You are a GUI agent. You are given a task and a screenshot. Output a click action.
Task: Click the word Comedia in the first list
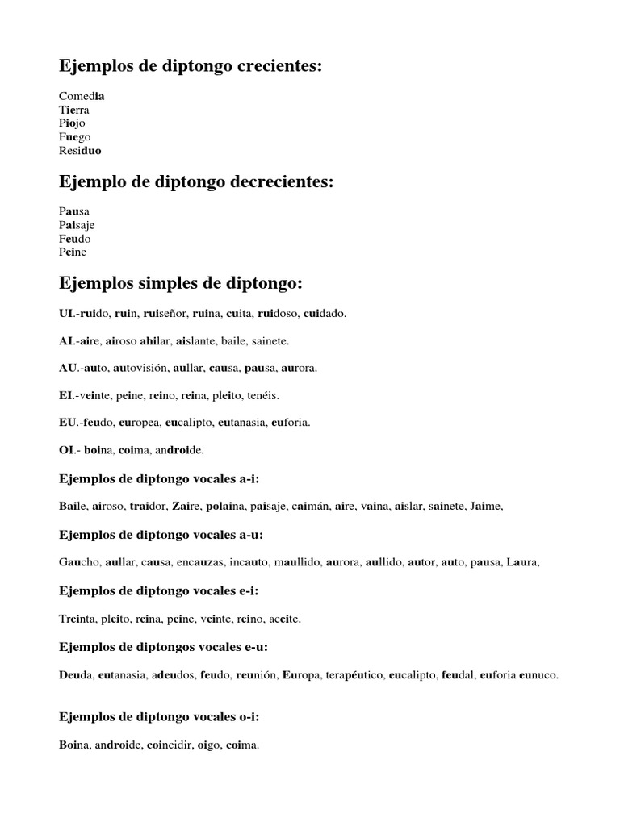(82, 95)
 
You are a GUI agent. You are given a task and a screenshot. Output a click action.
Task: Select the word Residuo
(81, 151)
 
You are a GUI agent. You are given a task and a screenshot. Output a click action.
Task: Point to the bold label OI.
(67, 449)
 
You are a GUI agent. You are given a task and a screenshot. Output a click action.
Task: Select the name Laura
(522, 562)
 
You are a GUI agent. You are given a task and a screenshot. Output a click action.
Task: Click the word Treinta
(77, 619)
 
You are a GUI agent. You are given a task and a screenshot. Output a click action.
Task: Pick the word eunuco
(539, 675)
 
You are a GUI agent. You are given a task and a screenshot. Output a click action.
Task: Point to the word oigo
(208, 745)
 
